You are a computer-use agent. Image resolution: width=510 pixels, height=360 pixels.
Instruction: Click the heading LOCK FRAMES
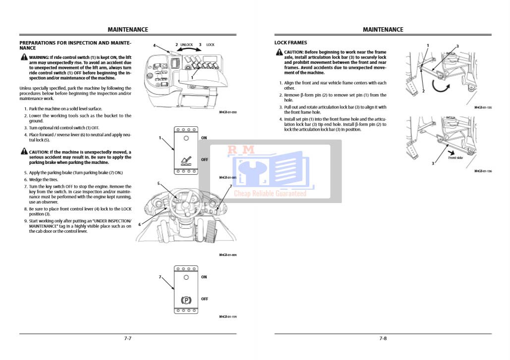(290, 43)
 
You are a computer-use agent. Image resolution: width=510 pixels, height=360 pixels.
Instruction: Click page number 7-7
(128, 339)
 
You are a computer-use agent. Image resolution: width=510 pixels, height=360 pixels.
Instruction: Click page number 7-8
(383, 339)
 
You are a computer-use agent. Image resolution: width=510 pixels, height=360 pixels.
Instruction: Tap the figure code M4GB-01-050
(227, 112)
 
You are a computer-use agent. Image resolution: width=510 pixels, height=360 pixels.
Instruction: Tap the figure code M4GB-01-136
(483, 171)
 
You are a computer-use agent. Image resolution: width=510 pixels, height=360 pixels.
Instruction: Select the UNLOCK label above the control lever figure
(186, 45)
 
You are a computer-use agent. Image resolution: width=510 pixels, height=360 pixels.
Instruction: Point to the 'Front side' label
(455, 158)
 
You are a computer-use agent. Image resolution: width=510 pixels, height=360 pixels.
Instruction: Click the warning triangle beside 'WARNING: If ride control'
(24, 57)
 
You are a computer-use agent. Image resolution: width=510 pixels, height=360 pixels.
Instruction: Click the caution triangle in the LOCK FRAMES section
(280, 52)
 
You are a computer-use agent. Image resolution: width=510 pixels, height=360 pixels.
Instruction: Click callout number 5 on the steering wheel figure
(158, 184)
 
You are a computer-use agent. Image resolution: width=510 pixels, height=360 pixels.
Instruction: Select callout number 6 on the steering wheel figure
(139, 224)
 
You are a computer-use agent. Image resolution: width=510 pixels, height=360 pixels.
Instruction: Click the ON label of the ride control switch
(204, 137)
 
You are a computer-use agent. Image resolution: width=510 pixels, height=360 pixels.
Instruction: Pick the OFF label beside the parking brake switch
(204, 299)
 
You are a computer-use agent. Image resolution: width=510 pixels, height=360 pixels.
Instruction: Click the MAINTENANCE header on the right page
(383, 30)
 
